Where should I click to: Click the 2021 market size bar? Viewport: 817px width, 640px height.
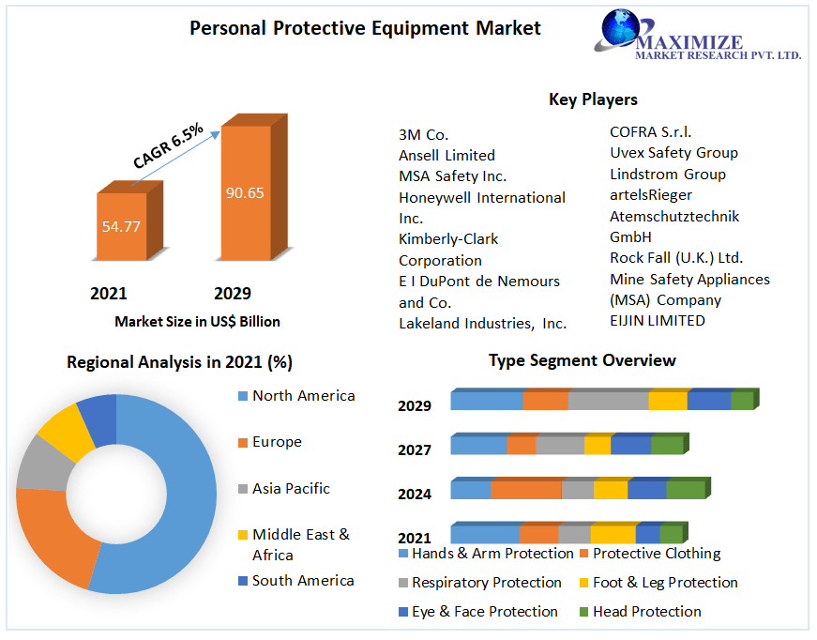pyautogui.click(x=122, y=226)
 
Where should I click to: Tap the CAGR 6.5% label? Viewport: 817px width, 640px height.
pyautogui.click(x=169, y=146)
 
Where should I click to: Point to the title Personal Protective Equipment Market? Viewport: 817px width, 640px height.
pyautogui.click(x=365, y=28)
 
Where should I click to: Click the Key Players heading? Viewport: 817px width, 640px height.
pyautogui.click(x=593, y=99)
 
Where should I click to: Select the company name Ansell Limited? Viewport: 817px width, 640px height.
pyautogui.click(x=446, y=155)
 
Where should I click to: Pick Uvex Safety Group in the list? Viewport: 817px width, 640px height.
pyautogui.click(x=673, y=153)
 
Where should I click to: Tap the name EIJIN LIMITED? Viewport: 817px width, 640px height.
pyautogui.click(x=657, y=321)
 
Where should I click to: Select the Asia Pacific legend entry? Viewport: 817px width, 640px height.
pyautogui.click(x=291, y=489)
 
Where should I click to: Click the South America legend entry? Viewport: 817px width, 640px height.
pyautogui.click(x=303, y=581)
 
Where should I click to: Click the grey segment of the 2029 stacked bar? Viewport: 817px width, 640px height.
pyautogui.click(x=608, y=401)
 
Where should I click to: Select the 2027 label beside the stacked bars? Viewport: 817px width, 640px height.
pyautogui.click(x=415, y=450)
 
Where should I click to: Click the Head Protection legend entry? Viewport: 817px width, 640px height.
pyautogui.click(x=646, y=612)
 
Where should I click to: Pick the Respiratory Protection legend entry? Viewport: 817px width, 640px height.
pyautogui.click(x=486, y=583)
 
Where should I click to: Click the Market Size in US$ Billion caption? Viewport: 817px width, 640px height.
pyautogui.click(x=197, y=322)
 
